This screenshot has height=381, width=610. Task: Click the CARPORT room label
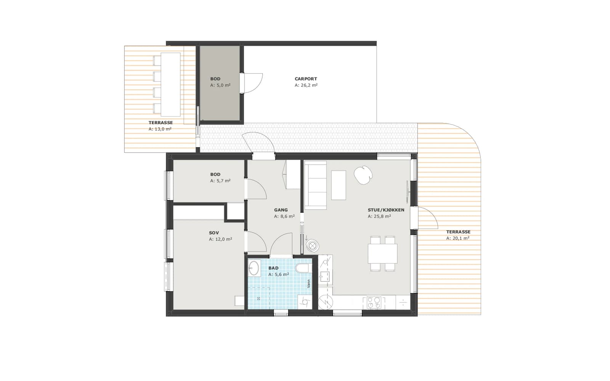tap(306, 79)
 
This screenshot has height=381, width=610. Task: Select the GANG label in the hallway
tap(281, 210)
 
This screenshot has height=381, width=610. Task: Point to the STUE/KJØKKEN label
tap(386, 210)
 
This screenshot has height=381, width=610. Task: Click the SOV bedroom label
tap(214, 233)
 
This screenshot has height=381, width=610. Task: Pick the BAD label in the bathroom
tap(273, 268)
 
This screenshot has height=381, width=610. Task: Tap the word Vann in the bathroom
tap(308, 284)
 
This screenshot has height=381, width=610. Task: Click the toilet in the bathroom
tap(302, 268)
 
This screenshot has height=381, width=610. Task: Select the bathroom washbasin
tap(254, 268)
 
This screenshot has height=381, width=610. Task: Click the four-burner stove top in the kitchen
tap(374, 303)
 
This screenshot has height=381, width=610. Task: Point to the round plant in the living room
tap(363, 175)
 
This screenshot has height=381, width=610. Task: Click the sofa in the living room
tap(315, 185)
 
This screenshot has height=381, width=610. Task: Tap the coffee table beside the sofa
tap(339, 185)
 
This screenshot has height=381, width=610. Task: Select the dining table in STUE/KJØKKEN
tap(382, 253)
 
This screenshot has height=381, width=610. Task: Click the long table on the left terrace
tap(170, 85)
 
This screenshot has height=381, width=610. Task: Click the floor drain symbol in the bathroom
tap(258, 299)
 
